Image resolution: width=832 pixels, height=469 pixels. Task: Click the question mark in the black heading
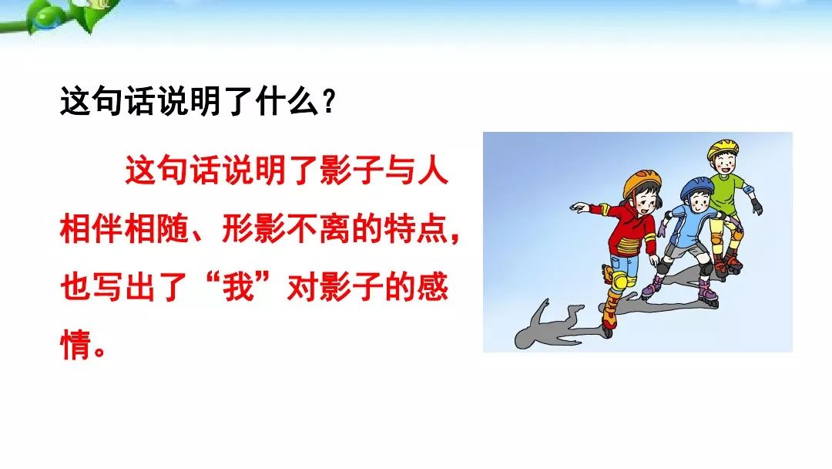[329, 101]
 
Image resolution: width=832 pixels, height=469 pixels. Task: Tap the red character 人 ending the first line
[432, 170]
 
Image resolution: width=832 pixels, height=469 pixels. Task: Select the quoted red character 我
[239, 288]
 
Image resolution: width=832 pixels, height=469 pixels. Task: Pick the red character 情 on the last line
[75, 346]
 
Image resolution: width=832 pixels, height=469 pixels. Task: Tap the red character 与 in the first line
[400, 170]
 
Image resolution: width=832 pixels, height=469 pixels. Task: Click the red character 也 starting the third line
[75, 288]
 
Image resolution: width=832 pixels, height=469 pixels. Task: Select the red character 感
[432, 288]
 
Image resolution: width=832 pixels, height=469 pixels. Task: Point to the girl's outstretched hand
[579, 207]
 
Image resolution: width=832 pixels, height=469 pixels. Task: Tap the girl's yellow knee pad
[618, 281]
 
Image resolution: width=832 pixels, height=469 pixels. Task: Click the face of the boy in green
[724, 163]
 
